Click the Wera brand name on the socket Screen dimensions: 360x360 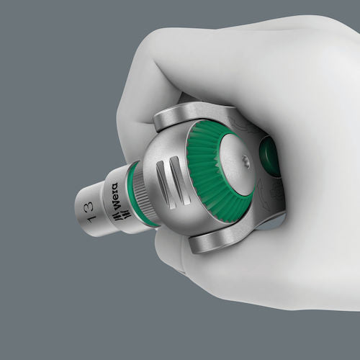tap(114, 197)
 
